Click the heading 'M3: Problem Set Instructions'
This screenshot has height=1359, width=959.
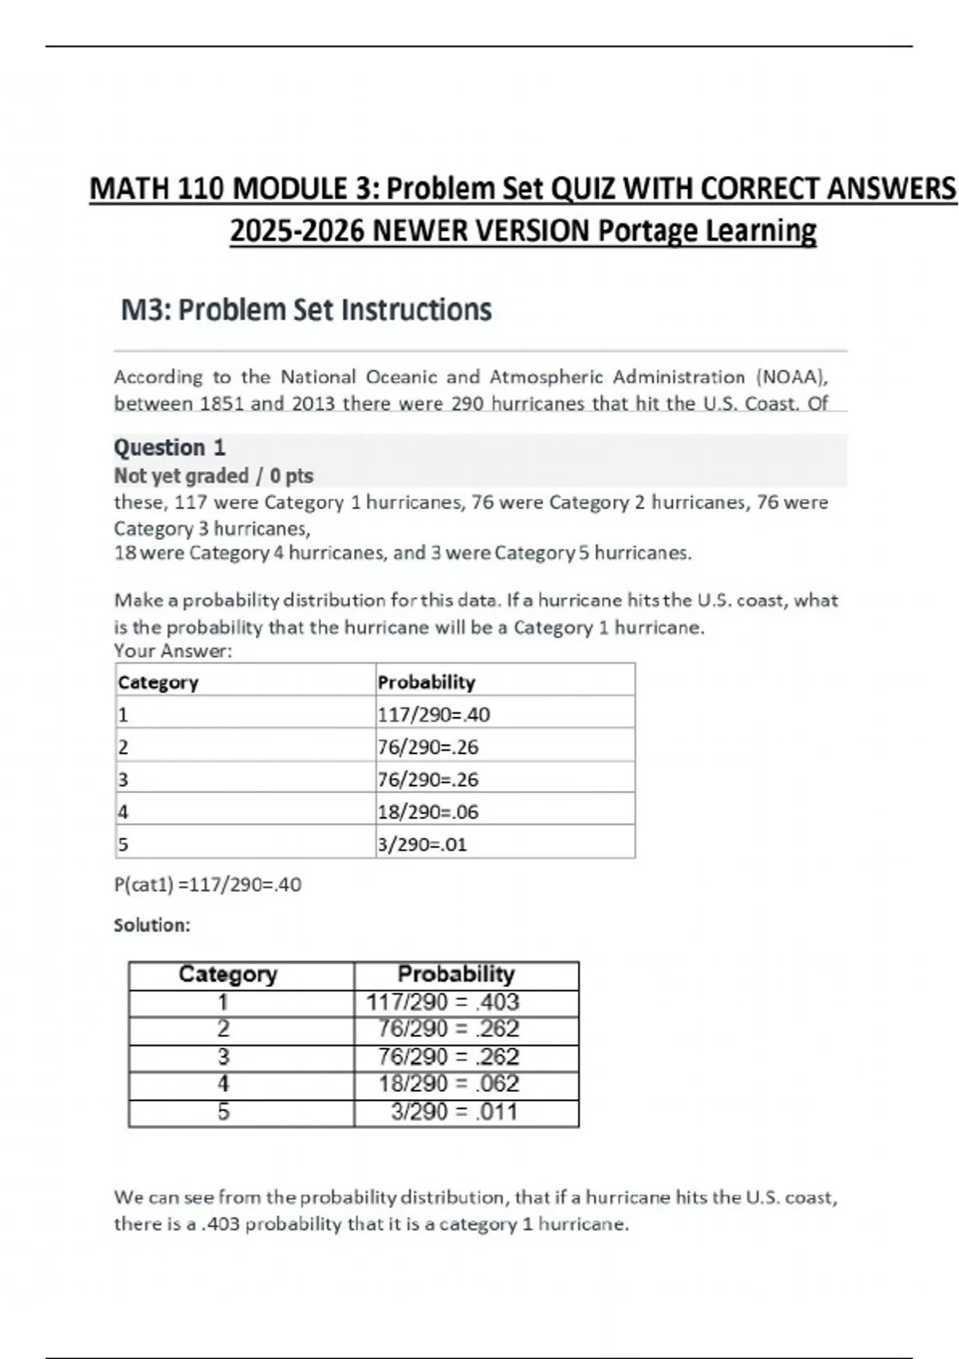point(306,310)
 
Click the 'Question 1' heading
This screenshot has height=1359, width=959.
point(169,448)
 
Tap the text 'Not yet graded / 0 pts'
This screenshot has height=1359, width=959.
point(213,476)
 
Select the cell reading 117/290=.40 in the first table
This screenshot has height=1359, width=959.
point(434,715)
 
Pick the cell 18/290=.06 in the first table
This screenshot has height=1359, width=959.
point(428,812)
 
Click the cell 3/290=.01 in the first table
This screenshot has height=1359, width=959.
point(423,845)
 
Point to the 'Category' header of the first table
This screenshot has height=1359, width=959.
point(158,683)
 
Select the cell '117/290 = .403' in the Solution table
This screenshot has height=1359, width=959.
point(443,1002)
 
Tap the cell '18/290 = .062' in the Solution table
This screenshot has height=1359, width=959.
point(448,1084)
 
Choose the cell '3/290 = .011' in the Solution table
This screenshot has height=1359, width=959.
point(454,1112)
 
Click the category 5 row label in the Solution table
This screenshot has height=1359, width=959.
point(224,1112)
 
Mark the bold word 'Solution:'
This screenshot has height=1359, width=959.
point(152,926)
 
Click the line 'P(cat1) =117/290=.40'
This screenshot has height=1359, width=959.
point(208,885)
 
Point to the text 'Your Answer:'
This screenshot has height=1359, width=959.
point(173,652)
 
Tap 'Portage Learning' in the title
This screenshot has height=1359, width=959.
point(707,231)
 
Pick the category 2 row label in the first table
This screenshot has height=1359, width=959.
point(123,747)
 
